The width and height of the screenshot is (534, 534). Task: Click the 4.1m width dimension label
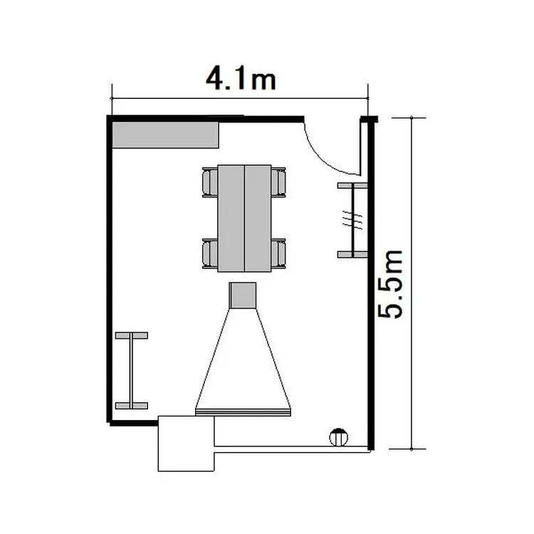pyautogui.click(x=241, y=78)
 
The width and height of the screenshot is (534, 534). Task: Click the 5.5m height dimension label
pyautogui.click(x=390, y=284)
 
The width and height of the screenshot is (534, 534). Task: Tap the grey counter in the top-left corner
pyautogui.click(x=165, y=135)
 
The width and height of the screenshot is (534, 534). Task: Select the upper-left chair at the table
pyautogui.click(x=210, y=182)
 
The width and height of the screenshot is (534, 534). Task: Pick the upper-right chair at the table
pyautogui.click(x=278, y=182)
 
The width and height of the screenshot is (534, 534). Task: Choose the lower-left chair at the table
pyautogui.click(x=210, y=253)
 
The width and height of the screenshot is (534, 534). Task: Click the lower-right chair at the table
pyautogui.click(x=278, y=253)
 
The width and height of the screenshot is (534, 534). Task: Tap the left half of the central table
pyautogui.click(x=231, y=219)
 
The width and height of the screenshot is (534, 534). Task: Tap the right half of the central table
pyautogui.click(x=258, y=219)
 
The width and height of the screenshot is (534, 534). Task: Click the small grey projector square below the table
pyautogui.click(x=243, y=295)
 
